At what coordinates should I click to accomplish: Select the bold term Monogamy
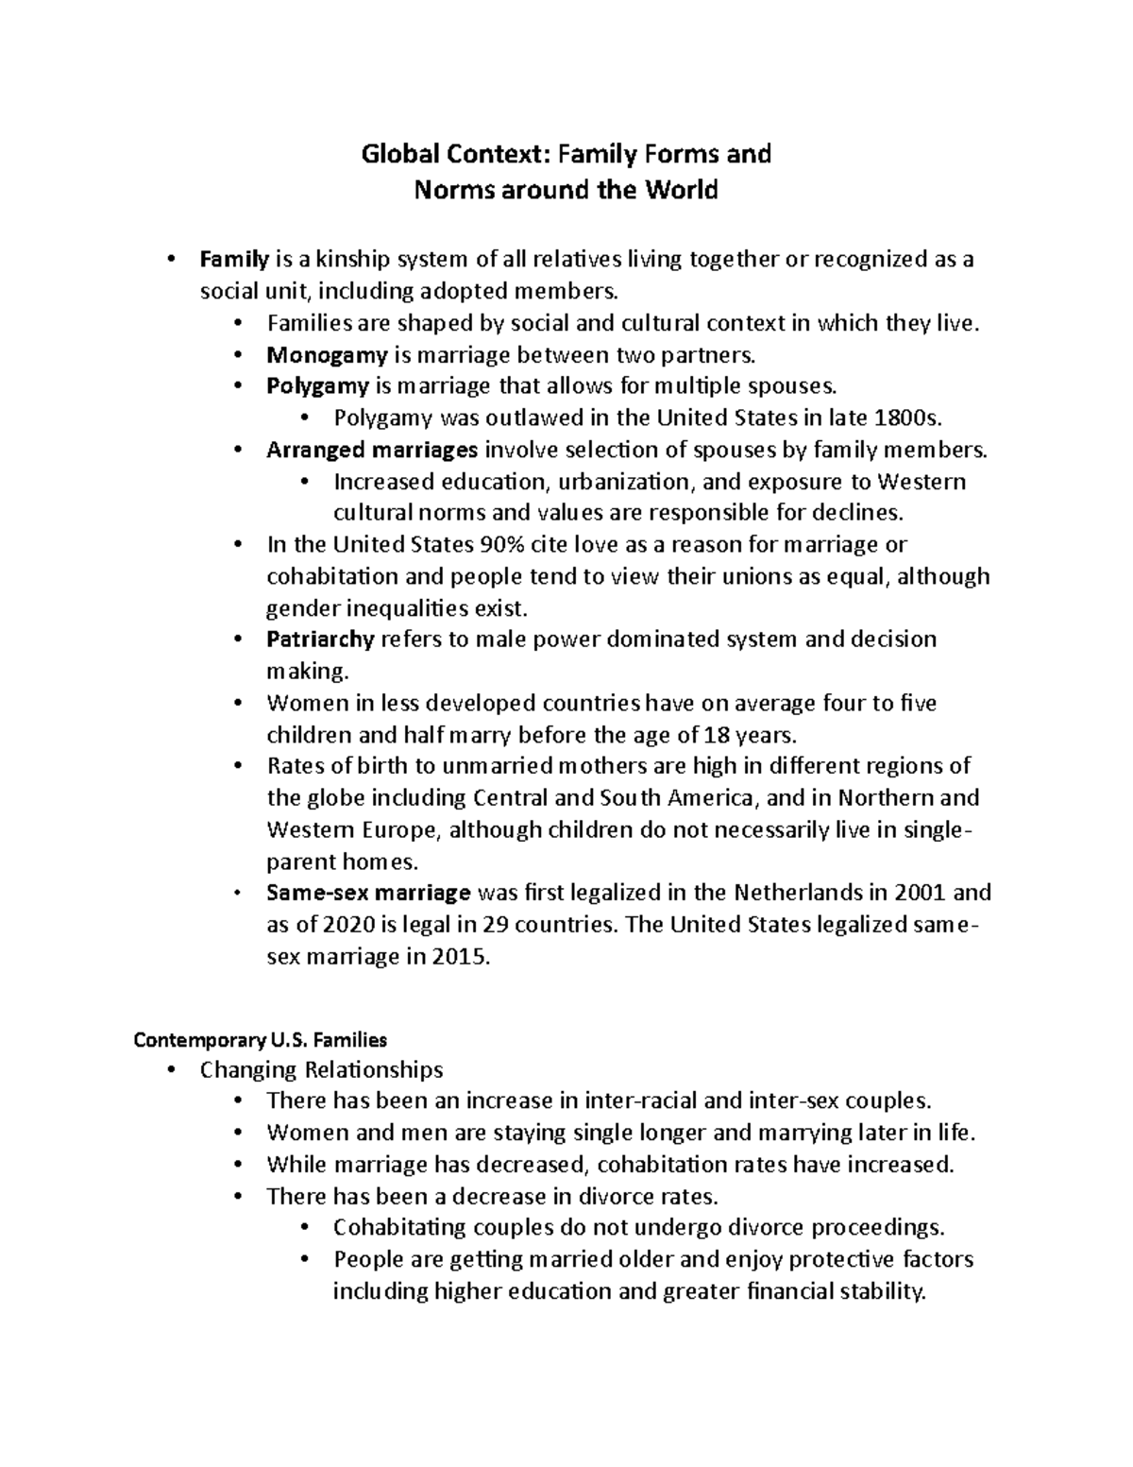pos(327,355)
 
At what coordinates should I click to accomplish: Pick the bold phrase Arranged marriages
pos(372,451)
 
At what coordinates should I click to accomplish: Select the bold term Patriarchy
pos(320,640)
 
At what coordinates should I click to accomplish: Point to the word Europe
pos(400,830)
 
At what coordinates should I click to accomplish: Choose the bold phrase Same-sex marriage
pos(368,893)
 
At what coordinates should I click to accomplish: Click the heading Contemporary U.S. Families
pos(261,1041)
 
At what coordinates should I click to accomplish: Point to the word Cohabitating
pos(402,1228)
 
